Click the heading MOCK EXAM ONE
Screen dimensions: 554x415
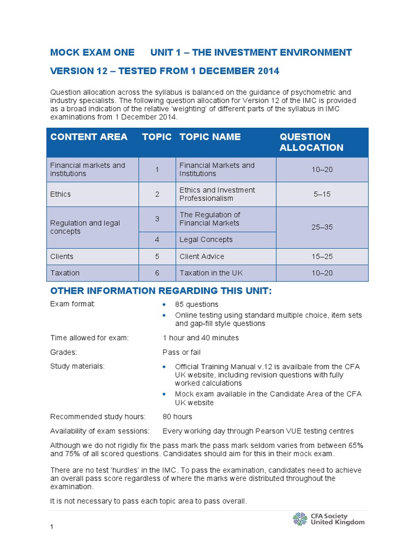(x=92, y=52)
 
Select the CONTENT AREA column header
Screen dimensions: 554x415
(x=89, y=137)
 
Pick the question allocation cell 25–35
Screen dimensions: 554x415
(x=322, y=227)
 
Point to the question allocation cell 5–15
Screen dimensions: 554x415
(x=322, y=194)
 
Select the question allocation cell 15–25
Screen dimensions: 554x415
(x=322, y=256)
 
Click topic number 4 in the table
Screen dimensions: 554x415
(x=157, y=240)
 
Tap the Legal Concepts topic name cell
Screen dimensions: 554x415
(x=206, y=240)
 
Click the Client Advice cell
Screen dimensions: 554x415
(x=202, y=256)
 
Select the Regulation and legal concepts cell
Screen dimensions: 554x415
(x=85, y=227)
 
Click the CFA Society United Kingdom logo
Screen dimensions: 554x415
(x=329, y=519)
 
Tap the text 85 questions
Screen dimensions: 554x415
(x=197, y=304)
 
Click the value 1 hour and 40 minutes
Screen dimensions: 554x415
(x=200, y=338)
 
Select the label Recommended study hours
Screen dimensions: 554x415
(x=98, y=417)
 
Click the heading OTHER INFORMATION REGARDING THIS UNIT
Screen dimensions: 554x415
(x=161, y=292)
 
